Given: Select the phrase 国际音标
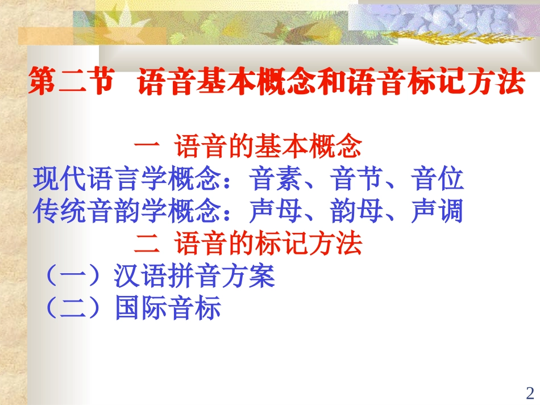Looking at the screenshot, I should (x=167, y=310).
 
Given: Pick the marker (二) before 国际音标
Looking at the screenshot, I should (x=74, y=310).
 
